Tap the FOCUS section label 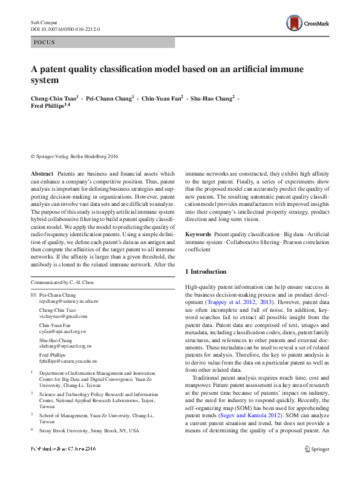tap(44, 42)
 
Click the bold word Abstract tap(42, 173)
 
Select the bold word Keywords tap(198, 233)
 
